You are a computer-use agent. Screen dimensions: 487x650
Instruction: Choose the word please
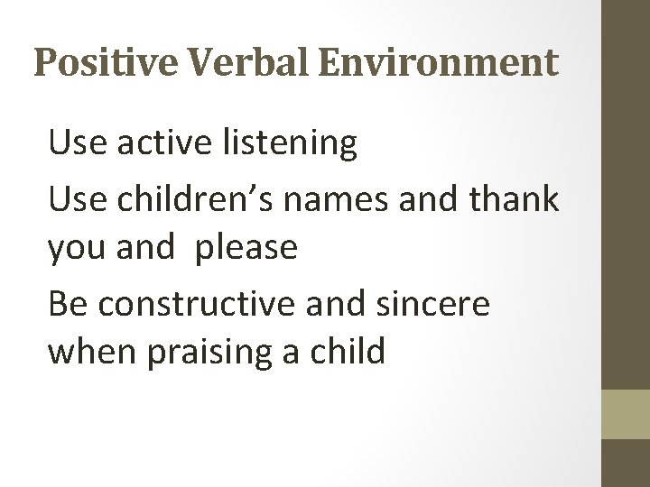246,247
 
